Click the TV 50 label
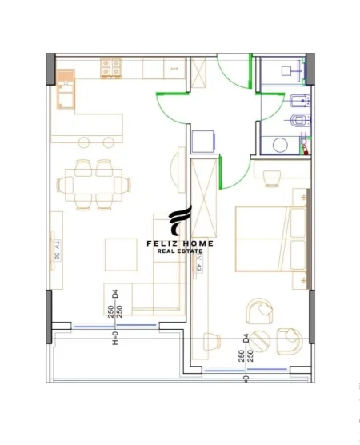pos(57,251)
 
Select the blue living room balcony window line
pos(104,327)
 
